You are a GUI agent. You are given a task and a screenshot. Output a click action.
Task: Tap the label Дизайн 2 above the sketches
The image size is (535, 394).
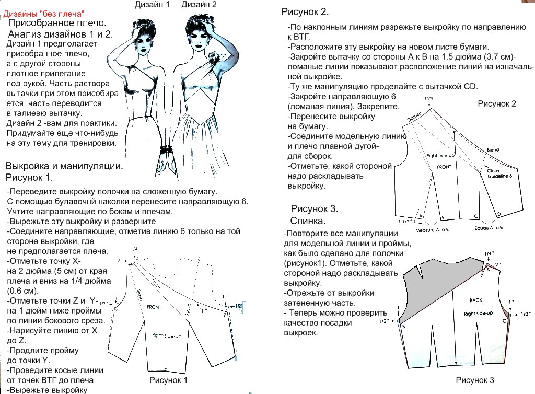point(199,5)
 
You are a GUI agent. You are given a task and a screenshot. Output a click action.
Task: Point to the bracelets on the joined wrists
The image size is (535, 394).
point(167,149)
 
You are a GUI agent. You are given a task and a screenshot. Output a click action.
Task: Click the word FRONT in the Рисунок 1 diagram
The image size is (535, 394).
point(154,307)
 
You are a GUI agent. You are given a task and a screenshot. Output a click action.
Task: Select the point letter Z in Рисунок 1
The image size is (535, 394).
point(224,315)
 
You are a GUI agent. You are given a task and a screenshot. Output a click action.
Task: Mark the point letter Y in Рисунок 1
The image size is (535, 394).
point(117,310)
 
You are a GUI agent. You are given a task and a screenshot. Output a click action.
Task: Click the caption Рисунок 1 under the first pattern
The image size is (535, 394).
point(168,380)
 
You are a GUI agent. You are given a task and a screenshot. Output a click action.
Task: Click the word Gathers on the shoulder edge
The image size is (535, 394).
point(414,119)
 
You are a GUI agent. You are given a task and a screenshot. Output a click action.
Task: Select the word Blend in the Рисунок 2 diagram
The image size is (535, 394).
point(493,150)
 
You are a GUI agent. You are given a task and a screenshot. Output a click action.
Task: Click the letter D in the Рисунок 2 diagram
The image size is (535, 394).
point(498,214)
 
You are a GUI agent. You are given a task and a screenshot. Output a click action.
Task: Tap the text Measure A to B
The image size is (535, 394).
point(432,229)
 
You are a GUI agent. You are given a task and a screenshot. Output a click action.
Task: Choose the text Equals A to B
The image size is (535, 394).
point(489,228)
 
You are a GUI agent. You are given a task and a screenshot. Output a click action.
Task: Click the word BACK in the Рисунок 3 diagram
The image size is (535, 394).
point(476,300)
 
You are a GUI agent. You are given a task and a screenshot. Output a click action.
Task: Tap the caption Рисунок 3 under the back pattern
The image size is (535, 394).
point(474,380)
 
